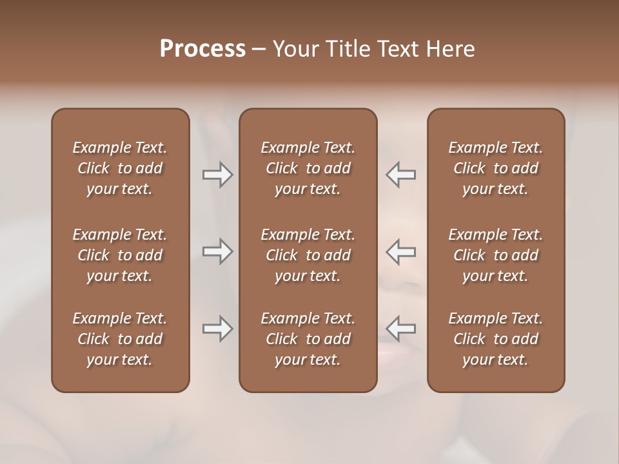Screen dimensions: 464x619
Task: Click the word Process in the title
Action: tap(202, 48)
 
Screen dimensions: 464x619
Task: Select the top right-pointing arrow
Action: tap(217, 175)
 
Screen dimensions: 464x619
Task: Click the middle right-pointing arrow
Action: tap(217, 251)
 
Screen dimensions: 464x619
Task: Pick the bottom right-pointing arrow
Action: tap(217, 329)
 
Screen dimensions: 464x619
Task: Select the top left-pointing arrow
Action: tap(401, 175)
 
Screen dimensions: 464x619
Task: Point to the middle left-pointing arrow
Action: tap(401, 251)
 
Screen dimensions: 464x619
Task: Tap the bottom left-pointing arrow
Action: tap(401, 329)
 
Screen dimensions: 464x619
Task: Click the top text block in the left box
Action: tap(120, 168)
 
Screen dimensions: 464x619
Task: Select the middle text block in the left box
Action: tap(120, 255)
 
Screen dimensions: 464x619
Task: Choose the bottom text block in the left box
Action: tap(120, 339)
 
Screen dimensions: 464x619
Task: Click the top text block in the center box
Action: tap(308, 168)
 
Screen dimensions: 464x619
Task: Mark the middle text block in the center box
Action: tap(308, 255)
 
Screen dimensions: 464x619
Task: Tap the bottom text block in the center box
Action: tap(308, 339)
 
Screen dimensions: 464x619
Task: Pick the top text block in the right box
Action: tap(496, 168)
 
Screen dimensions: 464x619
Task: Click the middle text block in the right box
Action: tap(496, 255)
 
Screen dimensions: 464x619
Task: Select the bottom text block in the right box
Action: tap(496, 339)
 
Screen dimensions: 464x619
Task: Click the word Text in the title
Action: tap(398, 48)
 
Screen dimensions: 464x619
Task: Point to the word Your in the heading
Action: tap(297, 48)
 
